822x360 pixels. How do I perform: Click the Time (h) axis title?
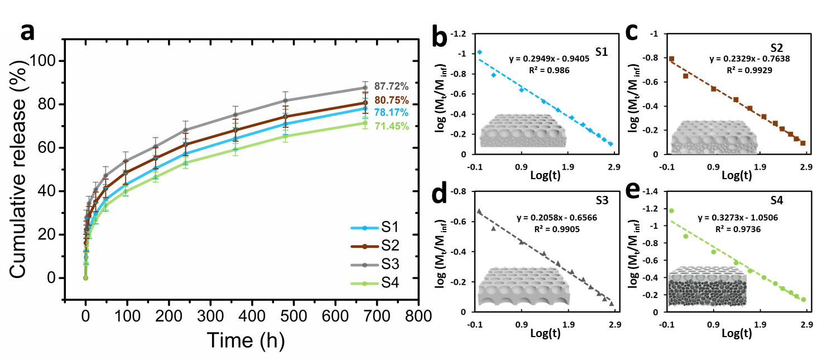pos(246,339)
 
